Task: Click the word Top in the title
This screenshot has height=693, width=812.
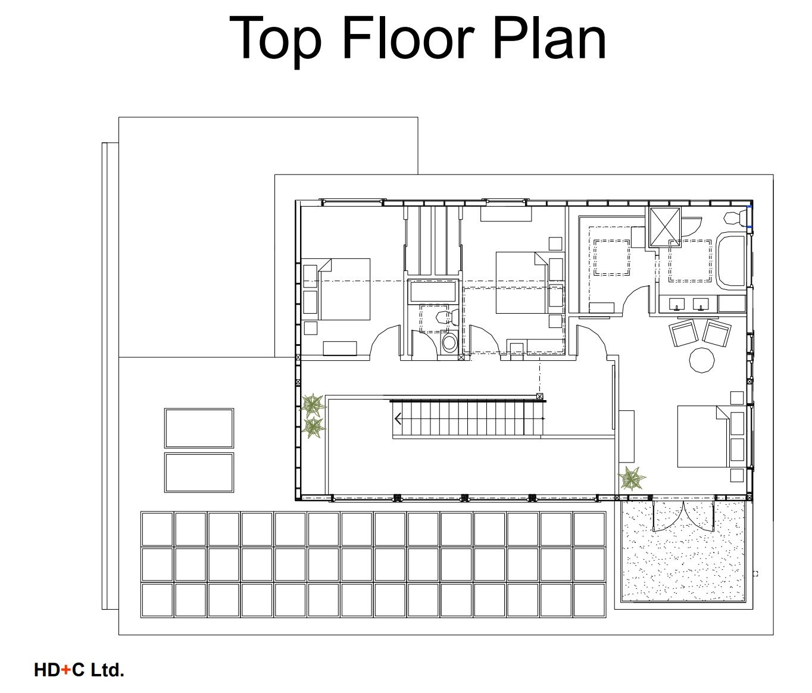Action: pyautogui.click(x=275, y=40)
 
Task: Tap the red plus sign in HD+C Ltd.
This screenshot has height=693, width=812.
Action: pyautogui.click(x=66, y=670)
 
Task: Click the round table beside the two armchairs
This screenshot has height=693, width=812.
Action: pyautogui.click(x=702, y=360)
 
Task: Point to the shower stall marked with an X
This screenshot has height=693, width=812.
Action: pyautogui.click(x=664, y=227)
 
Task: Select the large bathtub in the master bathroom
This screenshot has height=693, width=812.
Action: pyautogui.click(x=732, y=260)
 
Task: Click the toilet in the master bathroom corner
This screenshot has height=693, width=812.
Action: pyautogui.click(x=735, y=218)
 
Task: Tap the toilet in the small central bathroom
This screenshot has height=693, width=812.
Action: pyautogui.click(x=448, y=317)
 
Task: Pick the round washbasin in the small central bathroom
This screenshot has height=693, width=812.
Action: pyautogui.click(x=449, y=342)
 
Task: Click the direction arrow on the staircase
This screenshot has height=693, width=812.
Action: pyautogui.click(x=398, y=419)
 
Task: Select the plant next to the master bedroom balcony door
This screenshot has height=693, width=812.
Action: pyautogui.click(x=631, y=479)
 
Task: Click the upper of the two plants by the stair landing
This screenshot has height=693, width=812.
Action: pyautogui.click(x=313, y=405)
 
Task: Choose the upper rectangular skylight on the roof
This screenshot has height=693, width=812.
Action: pyautogui.click(x=199, y=428)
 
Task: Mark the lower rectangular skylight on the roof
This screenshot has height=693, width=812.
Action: pyautogui.click(x=199, y=473)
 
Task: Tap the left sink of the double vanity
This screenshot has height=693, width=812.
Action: pyautogui.click(x=677, y=304)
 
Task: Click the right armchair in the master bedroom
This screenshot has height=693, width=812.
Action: pyautogui.click(x=717, y=333)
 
